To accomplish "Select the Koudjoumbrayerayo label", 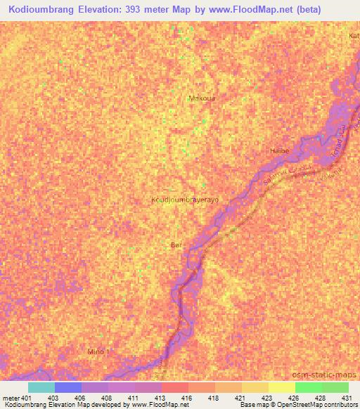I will click(x=185, y=200).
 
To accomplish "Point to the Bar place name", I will click(x=177, y=245).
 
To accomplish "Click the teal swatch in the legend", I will click(x=41, y=387).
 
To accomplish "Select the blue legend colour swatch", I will click(x=68, y=387).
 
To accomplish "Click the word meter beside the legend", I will click(x=11, y=398).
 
